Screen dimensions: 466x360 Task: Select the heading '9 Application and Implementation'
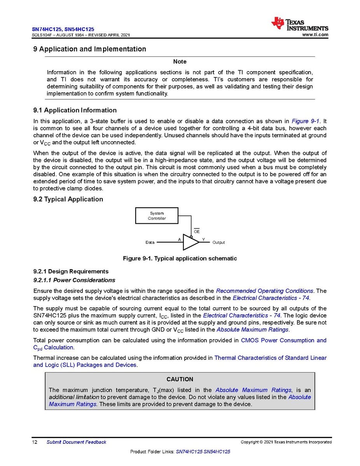90,49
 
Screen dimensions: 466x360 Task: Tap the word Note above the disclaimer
180,62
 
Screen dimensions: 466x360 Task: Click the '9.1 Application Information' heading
75,110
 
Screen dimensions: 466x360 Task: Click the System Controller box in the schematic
156,216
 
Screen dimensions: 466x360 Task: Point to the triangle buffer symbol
190,242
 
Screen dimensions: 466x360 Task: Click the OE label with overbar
197,231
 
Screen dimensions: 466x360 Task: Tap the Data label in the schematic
150,242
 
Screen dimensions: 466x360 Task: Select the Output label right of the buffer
218,242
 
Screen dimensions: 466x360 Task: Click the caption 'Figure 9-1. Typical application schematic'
180,259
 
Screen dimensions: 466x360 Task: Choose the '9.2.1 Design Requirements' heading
71,272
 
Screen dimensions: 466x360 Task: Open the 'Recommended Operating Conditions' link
264,291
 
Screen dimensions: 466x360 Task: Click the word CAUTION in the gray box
180,379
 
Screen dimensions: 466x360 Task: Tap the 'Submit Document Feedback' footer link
76,442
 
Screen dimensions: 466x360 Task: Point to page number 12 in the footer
35,442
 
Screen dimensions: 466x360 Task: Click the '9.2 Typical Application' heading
68,200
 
